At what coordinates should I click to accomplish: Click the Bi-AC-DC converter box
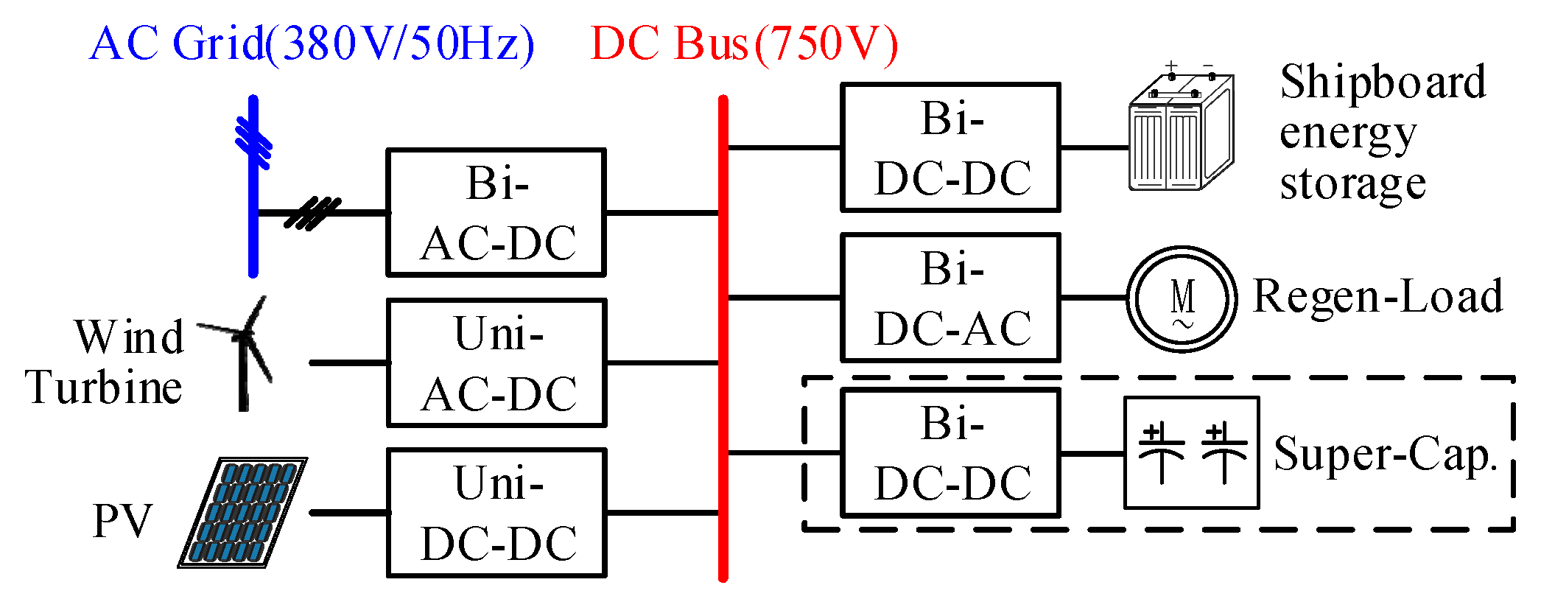click(496, 213)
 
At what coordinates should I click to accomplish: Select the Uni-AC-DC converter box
click(496, 362)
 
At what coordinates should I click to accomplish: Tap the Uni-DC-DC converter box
click(496, 513)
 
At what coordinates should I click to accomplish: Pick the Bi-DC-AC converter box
click(950, 298)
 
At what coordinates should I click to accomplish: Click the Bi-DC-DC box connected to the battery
click(950, 147)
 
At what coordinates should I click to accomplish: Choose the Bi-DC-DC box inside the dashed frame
click(950, 452)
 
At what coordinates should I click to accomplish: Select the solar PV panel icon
click(243, 513)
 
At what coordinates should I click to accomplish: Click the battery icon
click(1181, 133)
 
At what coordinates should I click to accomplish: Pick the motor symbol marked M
click(1182, 299)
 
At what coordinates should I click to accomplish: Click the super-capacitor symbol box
click(1191, 452)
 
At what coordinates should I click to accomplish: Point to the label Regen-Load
click(1377, 296)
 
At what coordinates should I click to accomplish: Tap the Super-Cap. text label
click(1385, 454)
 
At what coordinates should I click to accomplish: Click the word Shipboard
click(1383, 82)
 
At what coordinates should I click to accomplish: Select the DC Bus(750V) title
click(744, 43)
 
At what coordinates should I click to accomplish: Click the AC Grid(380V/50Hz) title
click(312, 43)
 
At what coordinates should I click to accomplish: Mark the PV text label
click(122, 522)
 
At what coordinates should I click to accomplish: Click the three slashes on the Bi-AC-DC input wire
click(312, 213)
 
